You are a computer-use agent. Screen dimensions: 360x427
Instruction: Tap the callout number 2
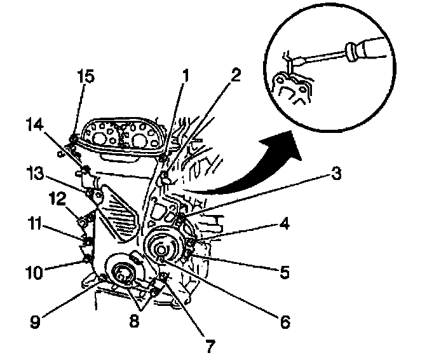(235, 76)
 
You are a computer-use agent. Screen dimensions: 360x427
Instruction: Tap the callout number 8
(133, 322)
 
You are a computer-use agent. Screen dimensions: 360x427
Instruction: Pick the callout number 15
(86, 76)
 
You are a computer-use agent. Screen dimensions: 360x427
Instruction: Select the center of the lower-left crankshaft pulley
(121, 275)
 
